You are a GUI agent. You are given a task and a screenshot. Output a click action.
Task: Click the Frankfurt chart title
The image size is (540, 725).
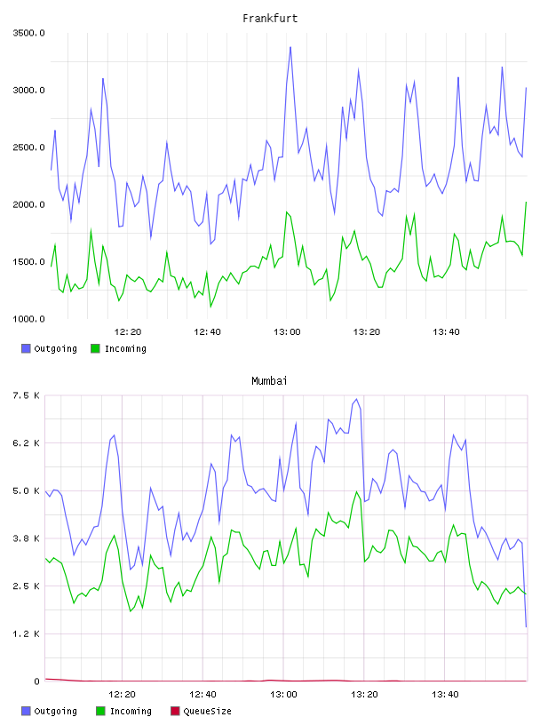click(270, 19)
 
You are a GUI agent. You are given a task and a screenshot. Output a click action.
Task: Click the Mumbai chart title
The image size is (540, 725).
click(269, 381)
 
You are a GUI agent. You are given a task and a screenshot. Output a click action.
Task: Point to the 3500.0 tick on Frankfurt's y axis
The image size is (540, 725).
click(28, 33)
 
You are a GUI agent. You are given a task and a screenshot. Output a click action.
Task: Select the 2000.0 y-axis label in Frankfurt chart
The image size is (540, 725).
click(28, 204)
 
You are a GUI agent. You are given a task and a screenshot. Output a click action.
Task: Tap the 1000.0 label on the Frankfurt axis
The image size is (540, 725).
click(28, 319)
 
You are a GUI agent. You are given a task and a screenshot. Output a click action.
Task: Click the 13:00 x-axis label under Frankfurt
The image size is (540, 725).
click(287, 332)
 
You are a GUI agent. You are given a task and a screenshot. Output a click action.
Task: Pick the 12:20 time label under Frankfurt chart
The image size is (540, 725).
click(128, 332)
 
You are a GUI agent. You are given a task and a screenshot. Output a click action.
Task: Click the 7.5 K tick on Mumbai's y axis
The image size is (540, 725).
click(26, 395)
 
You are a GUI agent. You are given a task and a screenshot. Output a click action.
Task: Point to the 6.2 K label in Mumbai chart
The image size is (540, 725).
click(26, 443)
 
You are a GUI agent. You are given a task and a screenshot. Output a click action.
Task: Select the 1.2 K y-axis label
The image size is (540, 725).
click(26, 633)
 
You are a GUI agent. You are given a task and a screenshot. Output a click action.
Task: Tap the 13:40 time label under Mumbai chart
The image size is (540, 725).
click(445, 695)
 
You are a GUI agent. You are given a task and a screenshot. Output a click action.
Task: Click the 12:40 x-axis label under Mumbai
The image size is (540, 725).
click(203, 695)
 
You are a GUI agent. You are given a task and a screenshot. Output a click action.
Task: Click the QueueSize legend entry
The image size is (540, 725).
click(201, 711)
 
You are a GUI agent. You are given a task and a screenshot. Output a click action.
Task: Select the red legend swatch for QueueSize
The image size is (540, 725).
click(175, 711)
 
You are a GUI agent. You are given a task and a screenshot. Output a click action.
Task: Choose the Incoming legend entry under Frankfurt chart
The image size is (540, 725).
click(119, 348)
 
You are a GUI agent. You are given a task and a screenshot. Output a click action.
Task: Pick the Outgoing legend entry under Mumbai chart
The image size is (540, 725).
click(50, 711)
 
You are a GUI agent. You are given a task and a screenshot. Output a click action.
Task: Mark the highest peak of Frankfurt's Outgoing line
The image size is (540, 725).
click(290, 47)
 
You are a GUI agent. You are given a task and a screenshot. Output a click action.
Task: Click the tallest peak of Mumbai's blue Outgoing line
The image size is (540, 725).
click(356, 399)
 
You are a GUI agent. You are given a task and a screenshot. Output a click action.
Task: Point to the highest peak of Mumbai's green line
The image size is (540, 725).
click(357, 491)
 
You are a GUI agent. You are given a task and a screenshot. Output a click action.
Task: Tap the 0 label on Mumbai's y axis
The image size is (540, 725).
click(36, 681)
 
